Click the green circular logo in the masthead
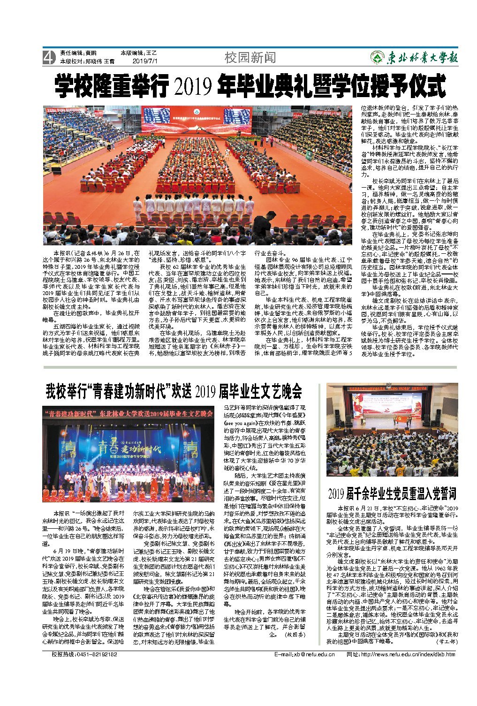(x=376, y=57)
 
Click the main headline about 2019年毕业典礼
(x=250, y=85)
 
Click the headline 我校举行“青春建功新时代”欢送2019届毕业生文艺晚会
(x=174, y=390)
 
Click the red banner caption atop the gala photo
(x=128, y=414)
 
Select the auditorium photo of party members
(x=392, y=429)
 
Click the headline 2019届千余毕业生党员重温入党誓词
(x=392, y=493)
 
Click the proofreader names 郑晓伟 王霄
(x=100, y=61)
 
